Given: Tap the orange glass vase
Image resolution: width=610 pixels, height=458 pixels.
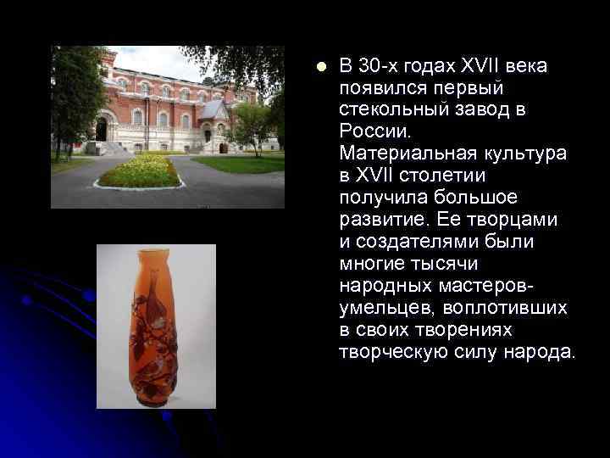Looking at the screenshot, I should [x=153, y=326].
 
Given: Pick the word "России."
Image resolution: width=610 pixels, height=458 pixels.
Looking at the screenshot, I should [x=374, y=131].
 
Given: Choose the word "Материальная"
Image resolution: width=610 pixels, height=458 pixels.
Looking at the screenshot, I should [x=402, y=154].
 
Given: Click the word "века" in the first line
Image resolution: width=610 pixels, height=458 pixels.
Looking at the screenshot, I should [x=527, y=66].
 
